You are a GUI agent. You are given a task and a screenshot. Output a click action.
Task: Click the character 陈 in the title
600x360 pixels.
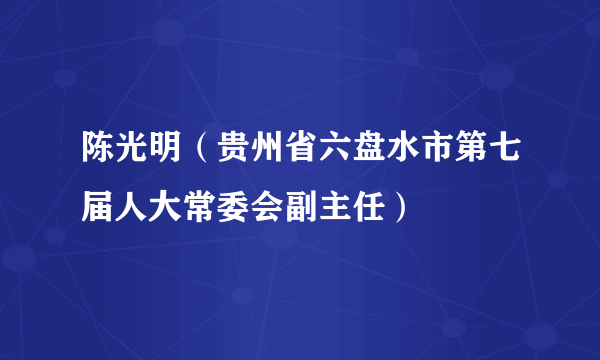coord(85,157)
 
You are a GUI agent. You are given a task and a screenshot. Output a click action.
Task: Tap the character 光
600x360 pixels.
coord(117,157)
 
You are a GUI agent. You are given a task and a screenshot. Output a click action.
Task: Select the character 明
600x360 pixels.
coord(149,157)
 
